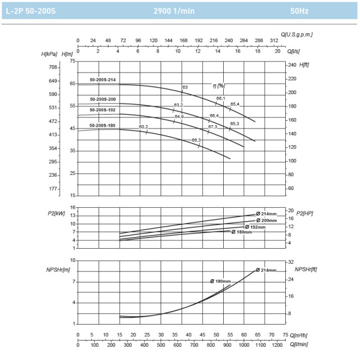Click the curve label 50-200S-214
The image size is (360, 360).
(103, 80)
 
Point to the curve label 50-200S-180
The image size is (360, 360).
(102, 126)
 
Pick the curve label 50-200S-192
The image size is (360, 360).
(103, 110)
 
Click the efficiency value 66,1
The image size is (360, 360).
(220, 98)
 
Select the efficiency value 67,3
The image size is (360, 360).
(213, 127)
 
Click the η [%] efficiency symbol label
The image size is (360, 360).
(219, 85)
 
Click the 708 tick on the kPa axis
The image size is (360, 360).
(53, 67)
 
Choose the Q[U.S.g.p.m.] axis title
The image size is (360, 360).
(297, 34)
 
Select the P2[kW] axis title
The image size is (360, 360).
(57, 213)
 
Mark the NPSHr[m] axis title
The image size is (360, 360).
(58, 270)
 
